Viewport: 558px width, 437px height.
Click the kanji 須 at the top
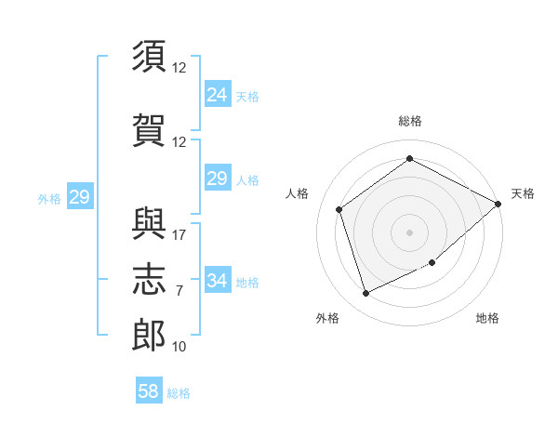click(x=149, y=56)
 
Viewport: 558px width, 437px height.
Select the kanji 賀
click(x=149, y=130)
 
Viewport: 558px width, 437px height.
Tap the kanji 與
click(x=149, y=223)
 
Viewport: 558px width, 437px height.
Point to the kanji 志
click(x=149, y=279)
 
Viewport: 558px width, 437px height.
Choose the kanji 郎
click(x=149, y=336)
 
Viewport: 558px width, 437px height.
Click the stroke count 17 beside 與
click(x=179, y=235)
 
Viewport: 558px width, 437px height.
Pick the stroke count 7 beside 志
click(x=179, y=291)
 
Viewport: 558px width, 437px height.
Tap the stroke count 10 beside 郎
click(x=179, y=347)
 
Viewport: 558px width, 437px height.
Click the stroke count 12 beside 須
click(x=179, y=68)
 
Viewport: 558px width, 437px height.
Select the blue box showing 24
click(x=218, y=93)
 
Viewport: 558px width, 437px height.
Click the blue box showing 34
click(x=218, y=279)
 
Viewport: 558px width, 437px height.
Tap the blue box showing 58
click(x=149, y=390)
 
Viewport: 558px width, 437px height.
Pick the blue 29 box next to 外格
click(x=80, y=196)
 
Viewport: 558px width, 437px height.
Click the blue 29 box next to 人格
click(x=218, y=178)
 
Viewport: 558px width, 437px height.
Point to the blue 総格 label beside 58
click(x=179, y=393)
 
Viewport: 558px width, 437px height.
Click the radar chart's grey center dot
click(x=409, y=232)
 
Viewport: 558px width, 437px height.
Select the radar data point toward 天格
click(x=498, y=204)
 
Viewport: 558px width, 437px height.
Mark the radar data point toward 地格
click(x=432, y=262)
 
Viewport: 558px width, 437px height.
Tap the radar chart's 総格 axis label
click(x=410, y=121)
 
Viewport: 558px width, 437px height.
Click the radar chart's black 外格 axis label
click(x=327, y=318)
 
